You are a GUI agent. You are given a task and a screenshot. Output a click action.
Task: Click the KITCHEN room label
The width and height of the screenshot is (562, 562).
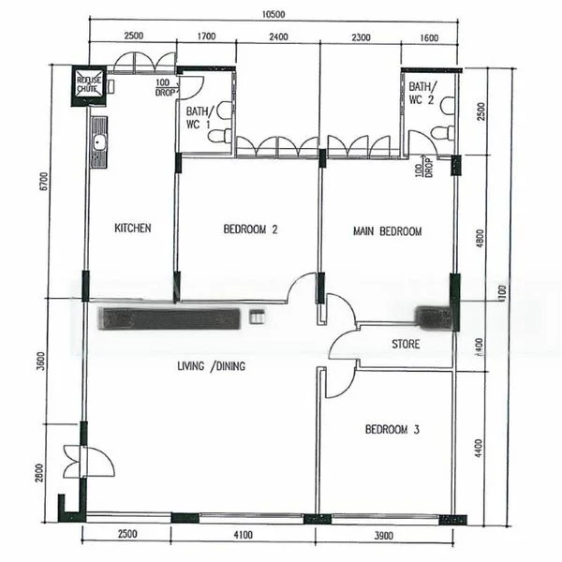pyautogui.click(x=132, y=228)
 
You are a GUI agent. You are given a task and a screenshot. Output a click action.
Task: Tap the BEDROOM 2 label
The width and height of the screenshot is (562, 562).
pyautogui.click(x=251, y=229)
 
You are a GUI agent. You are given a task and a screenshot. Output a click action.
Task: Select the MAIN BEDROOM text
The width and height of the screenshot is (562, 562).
pyautogui.click(x=387, y=230)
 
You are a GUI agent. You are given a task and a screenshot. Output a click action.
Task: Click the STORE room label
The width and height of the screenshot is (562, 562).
pyautogui.click(x=406, y=344)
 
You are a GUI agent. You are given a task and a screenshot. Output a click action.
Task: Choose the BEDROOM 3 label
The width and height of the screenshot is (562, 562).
pyautogui.click(x=392, y=429)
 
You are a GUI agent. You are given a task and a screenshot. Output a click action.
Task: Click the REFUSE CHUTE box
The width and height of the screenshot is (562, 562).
pyautogui.click(x=89, y=82)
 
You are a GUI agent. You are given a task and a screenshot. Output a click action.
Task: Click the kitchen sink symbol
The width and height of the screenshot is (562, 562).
pyautogui.click(x=98, y=142)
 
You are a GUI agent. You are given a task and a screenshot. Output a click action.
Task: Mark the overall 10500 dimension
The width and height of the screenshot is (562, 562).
pyautogui.click(x=274, y=14)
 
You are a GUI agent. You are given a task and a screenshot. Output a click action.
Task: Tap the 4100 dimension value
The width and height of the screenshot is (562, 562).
pyautogui.click(x=243, y=535)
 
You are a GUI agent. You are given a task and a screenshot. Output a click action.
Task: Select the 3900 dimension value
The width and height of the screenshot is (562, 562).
pyautogui.click(x=384, y=535)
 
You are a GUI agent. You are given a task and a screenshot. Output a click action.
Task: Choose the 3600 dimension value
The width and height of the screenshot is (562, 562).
pyautogui.click(x=41, y=360)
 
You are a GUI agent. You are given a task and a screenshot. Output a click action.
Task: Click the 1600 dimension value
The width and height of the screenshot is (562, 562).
pyautogui.click(x=429, y=37)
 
